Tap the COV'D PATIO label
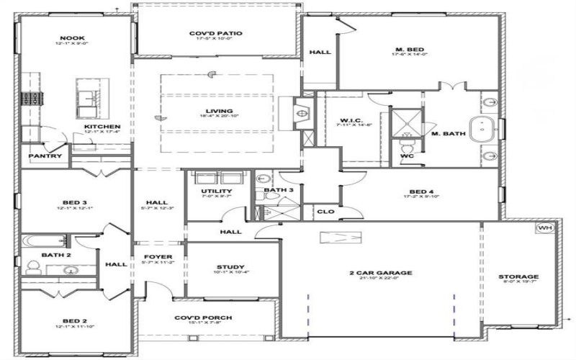coord(215,33)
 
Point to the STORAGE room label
coord(518,276)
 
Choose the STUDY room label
coord(230,266)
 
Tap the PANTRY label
coord(45,156)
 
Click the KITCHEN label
coord(101,127)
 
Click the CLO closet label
coord(325,212)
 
